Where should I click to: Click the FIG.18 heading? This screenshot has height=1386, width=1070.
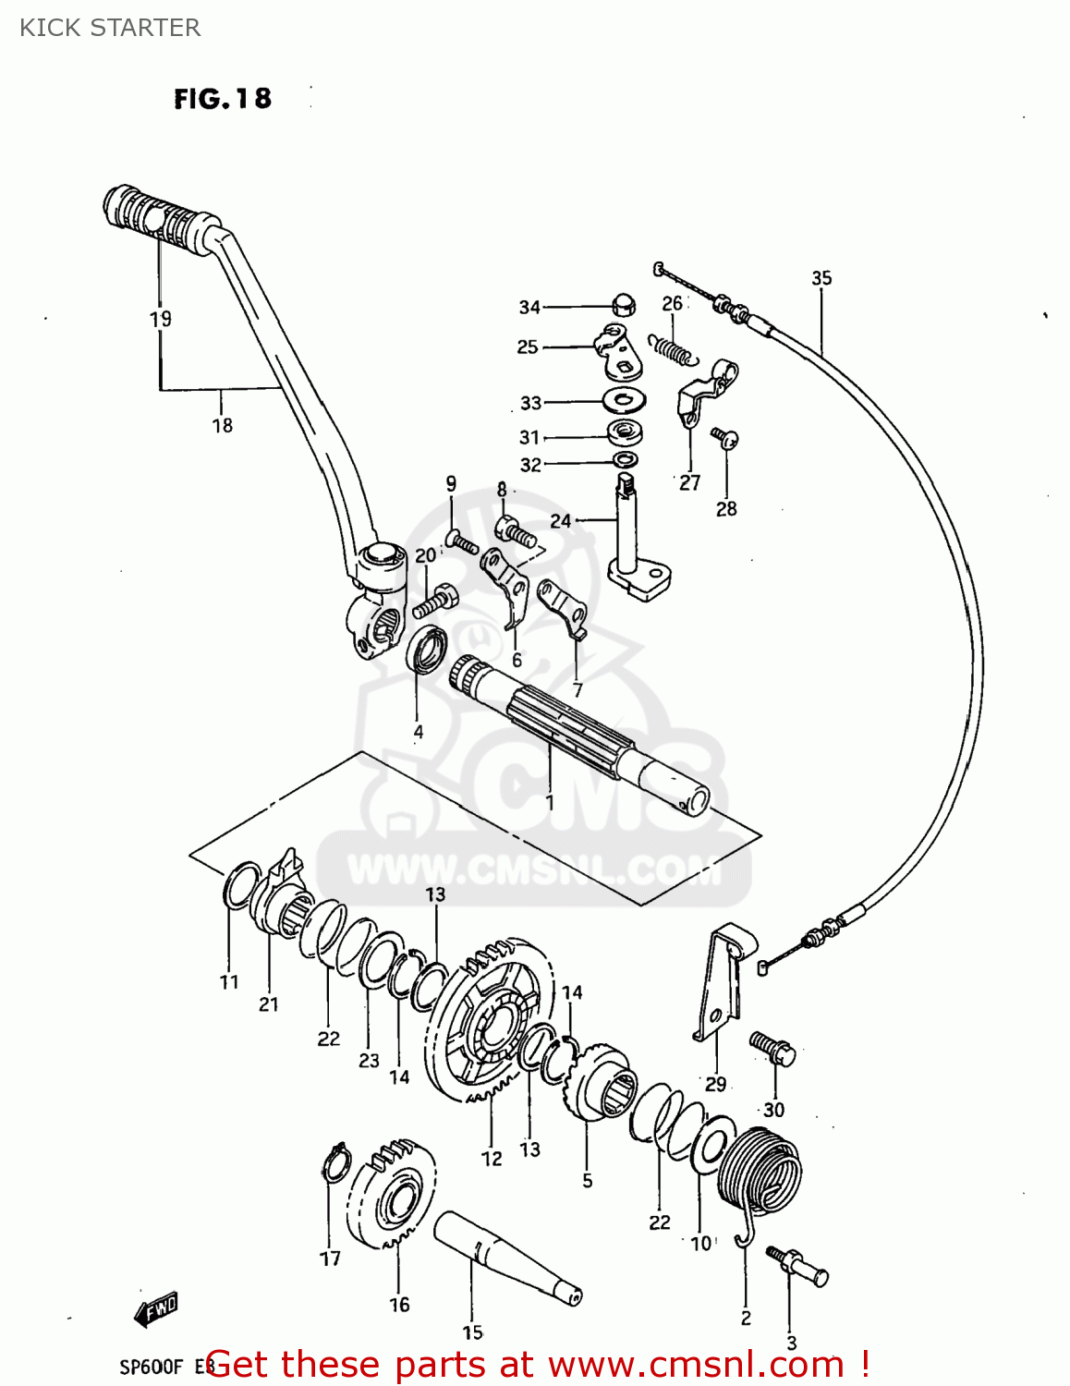click(223, 99)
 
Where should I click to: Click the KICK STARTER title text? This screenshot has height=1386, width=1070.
click(110, 28)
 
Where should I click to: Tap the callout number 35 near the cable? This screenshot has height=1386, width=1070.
click(821, 277)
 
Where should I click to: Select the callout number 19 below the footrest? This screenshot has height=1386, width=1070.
click(161, 319)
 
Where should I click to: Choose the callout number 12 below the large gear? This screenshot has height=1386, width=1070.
click(492, 1158)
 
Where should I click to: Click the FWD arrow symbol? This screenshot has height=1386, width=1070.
click(156, 1308)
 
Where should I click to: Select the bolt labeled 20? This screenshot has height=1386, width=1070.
click(435, 602)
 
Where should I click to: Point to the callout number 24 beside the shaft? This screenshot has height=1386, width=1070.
click(561, 520)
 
